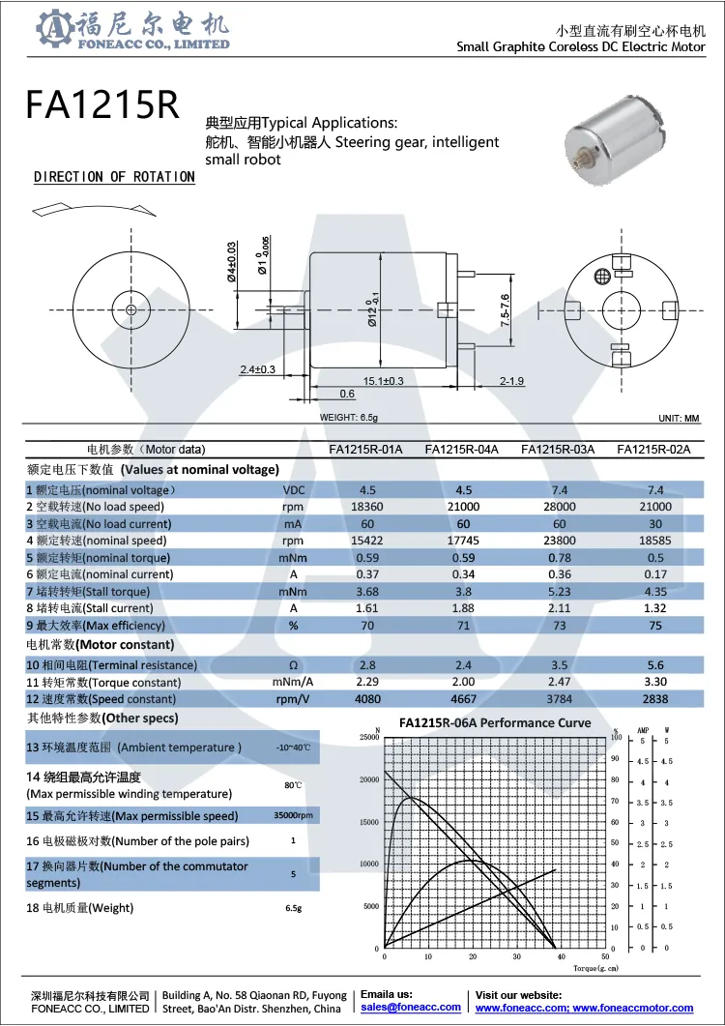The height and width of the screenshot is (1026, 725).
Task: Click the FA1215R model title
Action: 102,104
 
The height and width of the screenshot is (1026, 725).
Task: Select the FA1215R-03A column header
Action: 558,449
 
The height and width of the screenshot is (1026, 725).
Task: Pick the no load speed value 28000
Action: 559,507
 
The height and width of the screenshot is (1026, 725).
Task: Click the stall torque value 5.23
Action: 559,591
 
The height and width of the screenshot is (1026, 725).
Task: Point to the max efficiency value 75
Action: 655,625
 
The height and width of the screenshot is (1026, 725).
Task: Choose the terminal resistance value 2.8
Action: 366,665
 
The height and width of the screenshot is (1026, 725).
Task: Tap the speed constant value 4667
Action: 463,699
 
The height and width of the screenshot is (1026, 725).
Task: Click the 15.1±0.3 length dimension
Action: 384,381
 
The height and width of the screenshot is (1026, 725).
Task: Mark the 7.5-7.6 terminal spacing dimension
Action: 505,311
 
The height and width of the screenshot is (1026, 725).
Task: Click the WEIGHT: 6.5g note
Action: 349,418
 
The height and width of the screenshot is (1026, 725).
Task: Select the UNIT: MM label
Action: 677,418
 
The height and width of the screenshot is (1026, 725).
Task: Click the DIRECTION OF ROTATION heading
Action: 114,177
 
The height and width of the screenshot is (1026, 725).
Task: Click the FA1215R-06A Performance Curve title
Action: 495,723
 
